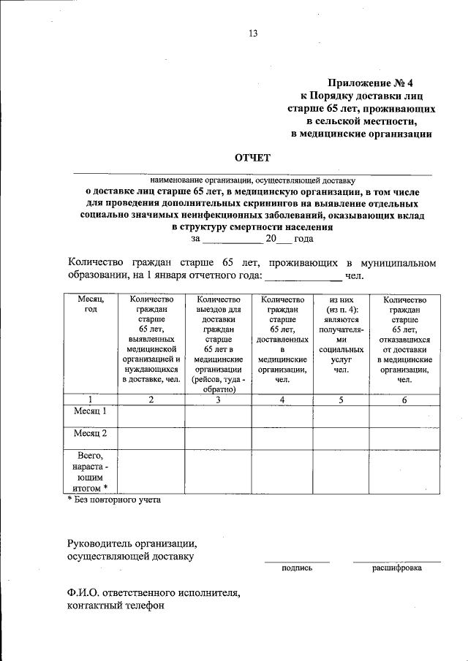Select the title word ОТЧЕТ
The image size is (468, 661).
[252, 157]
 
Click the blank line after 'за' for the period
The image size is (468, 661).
[231, 238]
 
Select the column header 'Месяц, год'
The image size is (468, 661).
[90, 305]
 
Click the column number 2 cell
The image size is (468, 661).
[151, 400]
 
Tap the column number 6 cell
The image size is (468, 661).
[404, 400]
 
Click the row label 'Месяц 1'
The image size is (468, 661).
[90, 412]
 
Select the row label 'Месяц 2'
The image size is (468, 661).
[90, 434]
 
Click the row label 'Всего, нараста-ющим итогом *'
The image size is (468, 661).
[90, 471]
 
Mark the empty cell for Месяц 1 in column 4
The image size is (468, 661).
[282, 414]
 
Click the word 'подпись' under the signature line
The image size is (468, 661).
[296, 568]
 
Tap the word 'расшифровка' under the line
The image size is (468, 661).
[396, 568]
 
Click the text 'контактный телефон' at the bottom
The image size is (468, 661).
[115, 605]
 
